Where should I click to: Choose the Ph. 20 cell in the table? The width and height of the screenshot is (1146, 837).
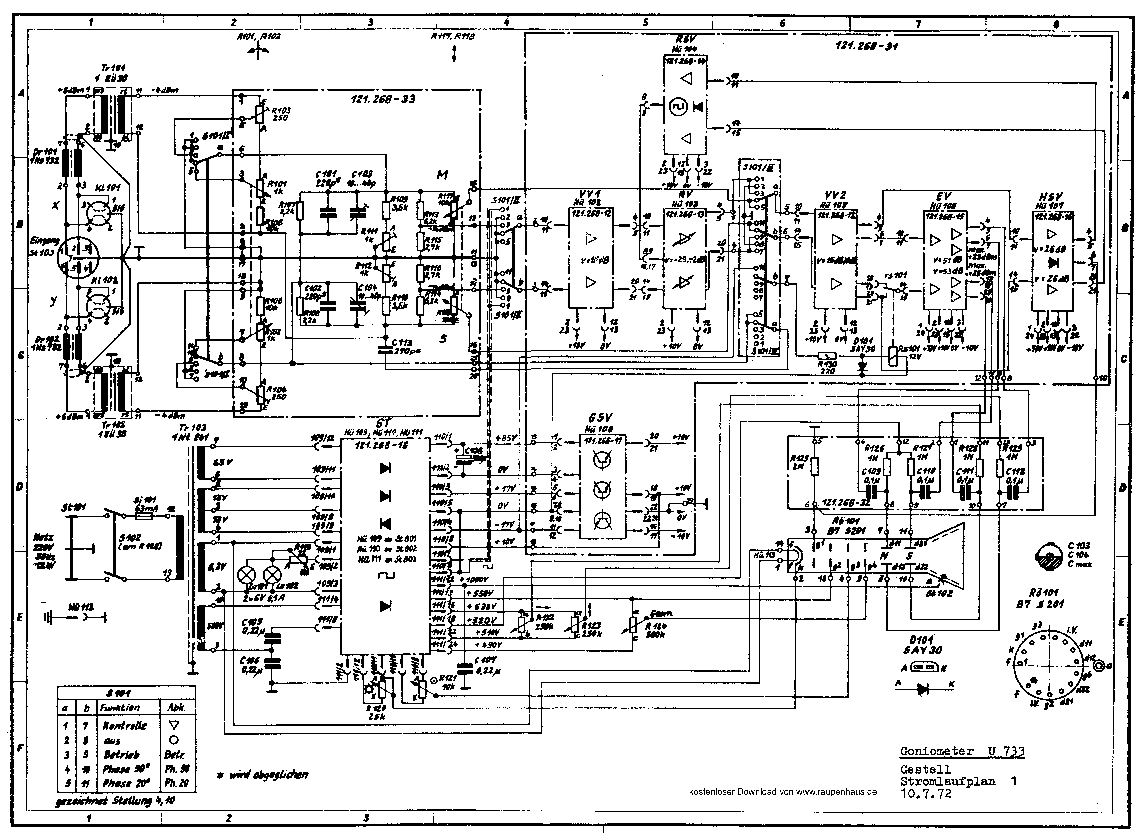click(176, 783)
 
